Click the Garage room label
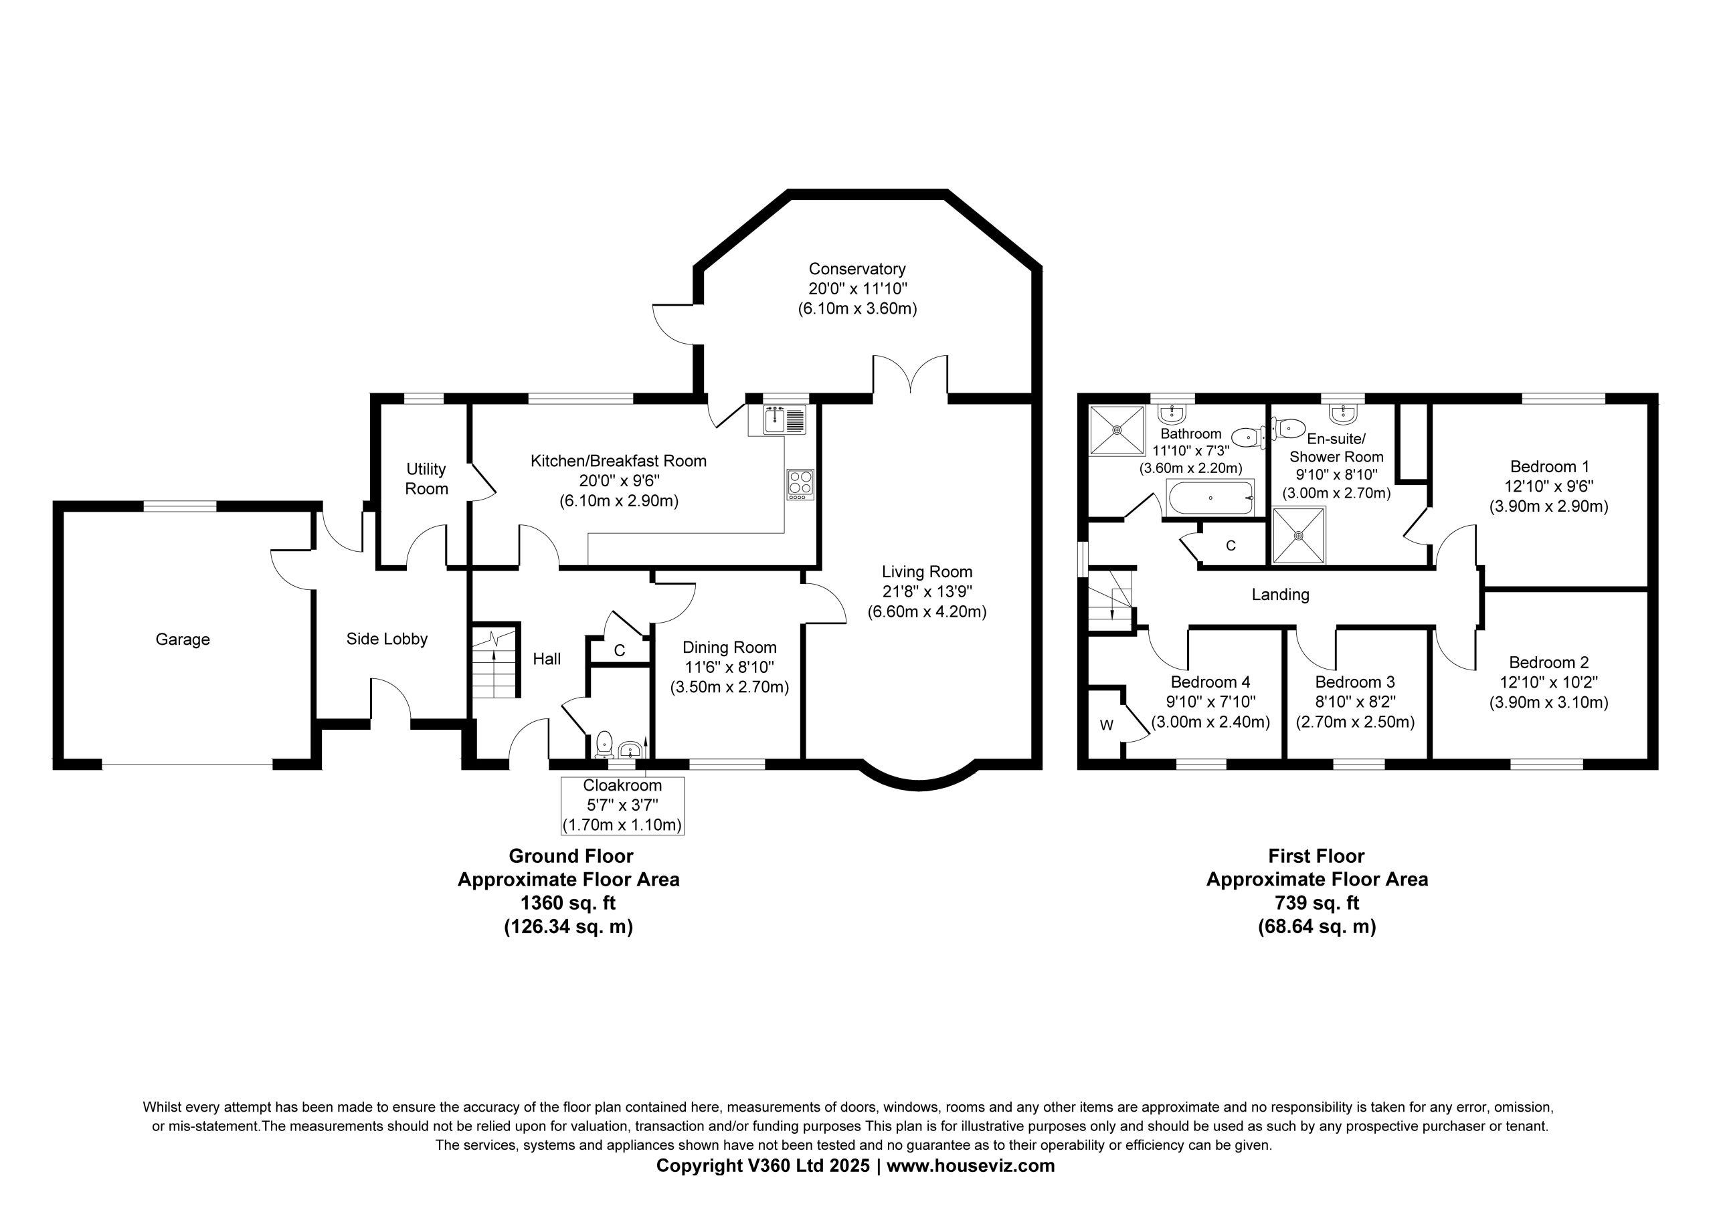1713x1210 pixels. click(183, 639)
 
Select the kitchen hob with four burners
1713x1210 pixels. click(800, 484)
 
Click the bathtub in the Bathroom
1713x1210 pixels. click(1210, 497)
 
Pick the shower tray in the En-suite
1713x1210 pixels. click(1299, 535)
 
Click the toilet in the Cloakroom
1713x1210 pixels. click(604, 743)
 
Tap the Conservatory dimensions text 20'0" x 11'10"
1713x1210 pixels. click(857, 289)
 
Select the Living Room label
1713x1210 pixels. click(927, 571)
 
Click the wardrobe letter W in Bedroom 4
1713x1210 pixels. click(1107, 725)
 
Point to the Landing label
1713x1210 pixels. click(1280, 595)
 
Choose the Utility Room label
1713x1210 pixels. click(426, 479)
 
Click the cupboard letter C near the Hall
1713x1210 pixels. click(619, 651)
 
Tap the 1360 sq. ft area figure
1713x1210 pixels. click(568, 903)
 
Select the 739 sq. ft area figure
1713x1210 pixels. click(1317, 903)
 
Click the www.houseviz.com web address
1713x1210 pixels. click(971, 1165)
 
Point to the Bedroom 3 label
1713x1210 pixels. click(1355, 682)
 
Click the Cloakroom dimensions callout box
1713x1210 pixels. click(622, 806)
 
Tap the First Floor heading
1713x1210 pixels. click(1317, 855)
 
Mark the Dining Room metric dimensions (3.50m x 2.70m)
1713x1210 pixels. click(729, 686)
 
